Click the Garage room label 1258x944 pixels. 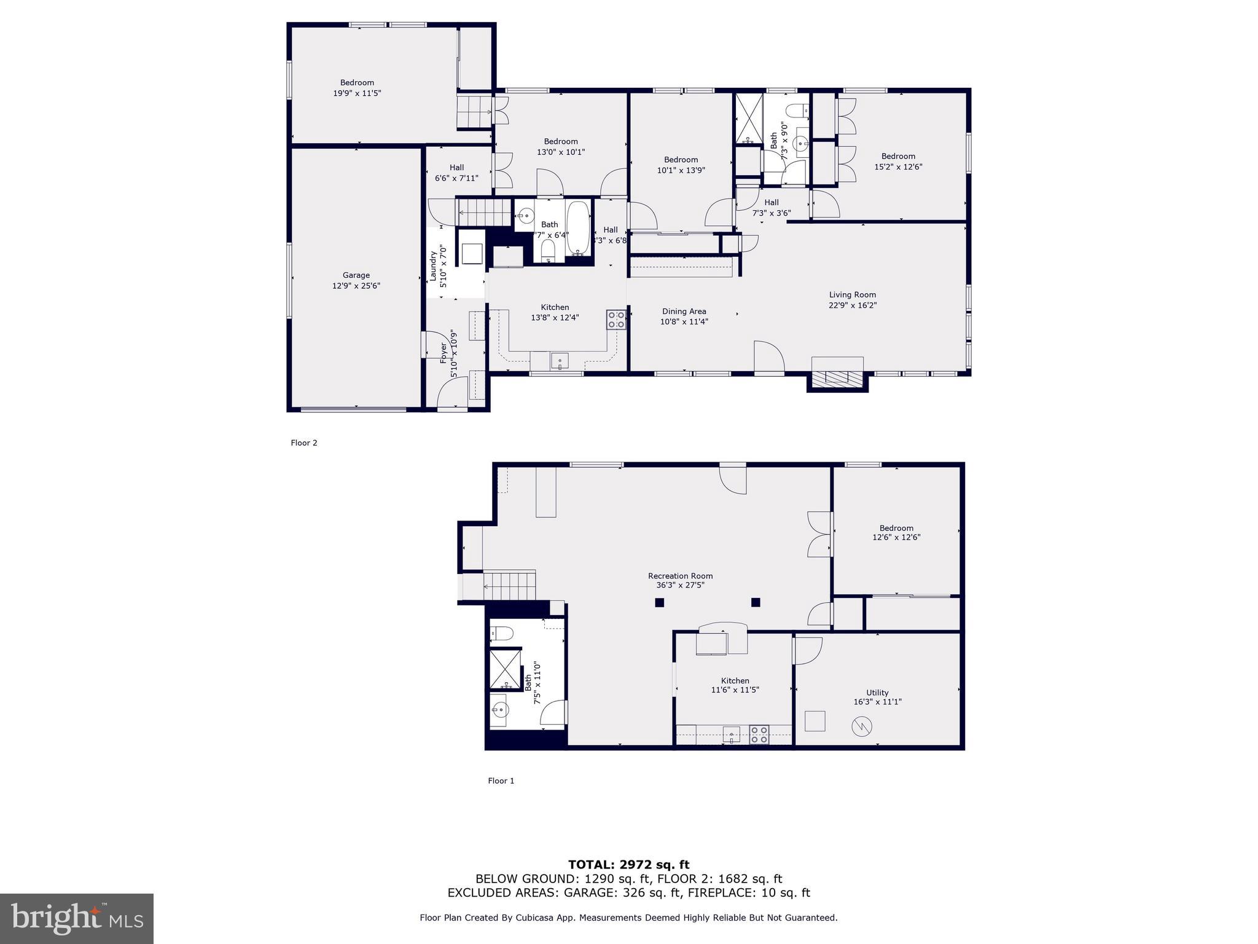click(356, 280)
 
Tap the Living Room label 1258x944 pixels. click(852, 299)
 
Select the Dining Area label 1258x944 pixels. click(684, 316)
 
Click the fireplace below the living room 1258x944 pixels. click(837, 377)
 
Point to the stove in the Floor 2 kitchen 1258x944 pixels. click(616, 320)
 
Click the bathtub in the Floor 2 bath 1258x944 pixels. click(578, 227)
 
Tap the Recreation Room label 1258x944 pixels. click(680, 580)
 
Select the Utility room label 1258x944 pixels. click(877, 697)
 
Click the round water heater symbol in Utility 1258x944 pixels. click(861, 727)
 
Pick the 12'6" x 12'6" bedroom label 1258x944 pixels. click(896, 532)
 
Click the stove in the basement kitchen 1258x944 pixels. click(759, 734)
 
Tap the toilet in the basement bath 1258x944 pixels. click(501, 633)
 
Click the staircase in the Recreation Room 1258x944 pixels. click(509, 584)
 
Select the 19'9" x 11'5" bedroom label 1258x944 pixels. click(357, 88)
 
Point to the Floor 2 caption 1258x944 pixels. click(304, 442)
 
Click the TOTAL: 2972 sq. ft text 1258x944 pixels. click(628, 865)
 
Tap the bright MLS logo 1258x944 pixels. click(77, 918)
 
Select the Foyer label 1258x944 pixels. click(448, 355)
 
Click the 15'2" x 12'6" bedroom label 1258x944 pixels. click(898, 161)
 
